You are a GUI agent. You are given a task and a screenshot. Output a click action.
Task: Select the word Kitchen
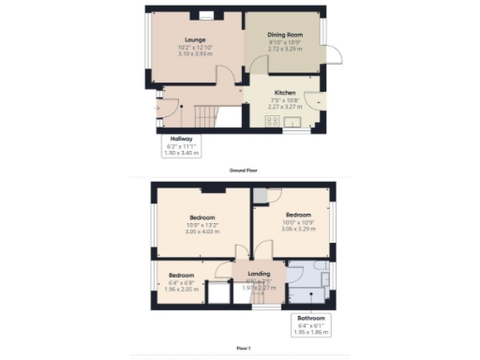point(285,93)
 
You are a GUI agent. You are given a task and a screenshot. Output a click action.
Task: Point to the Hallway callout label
point(182,139)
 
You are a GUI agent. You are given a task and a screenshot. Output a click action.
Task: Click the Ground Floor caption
point(244,171)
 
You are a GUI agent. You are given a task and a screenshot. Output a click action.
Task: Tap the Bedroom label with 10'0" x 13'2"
point(202,217)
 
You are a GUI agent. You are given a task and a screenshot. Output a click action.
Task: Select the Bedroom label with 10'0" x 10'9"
point(292,214)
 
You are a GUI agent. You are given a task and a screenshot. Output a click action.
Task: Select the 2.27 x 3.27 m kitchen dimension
point(285,106)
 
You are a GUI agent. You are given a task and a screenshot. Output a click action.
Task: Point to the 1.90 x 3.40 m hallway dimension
point(182,153)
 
